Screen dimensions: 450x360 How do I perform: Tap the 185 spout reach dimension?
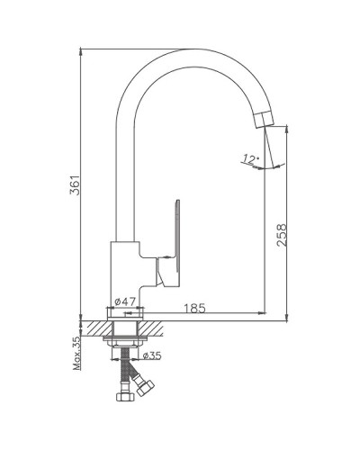[x=194, y=308]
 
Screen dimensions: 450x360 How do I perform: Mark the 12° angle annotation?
[x=249, y=160]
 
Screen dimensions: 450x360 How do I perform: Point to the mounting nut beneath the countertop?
[x=122, y=341]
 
